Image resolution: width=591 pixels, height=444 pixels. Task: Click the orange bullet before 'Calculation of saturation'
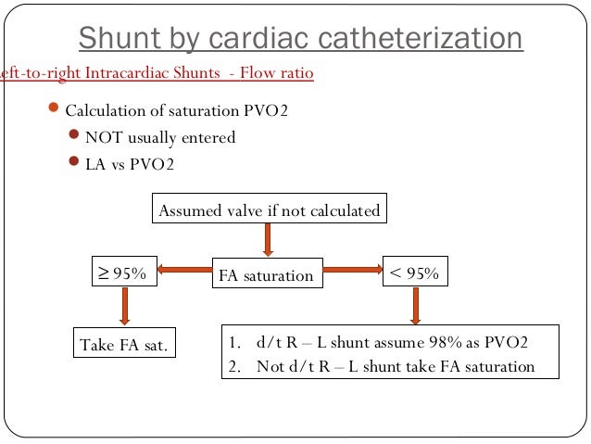point(54,110)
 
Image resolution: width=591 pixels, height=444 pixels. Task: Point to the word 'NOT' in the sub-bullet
point(102,137)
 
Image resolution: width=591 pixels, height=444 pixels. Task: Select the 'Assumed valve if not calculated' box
point(269,210)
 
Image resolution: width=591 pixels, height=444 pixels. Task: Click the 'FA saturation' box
point(266,275)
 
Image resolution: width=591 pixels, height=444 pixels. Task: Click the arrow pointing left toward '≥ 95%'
point(183,271)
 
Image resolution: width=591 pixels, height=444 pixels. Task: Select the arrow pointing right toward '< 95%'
point(355,271)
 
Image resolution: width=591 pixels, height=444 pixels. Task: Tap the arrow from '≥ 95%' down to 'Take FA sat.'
point(123,306)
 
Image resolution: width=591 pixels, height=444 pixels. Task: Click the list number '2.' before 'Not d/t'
point(234,365)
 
